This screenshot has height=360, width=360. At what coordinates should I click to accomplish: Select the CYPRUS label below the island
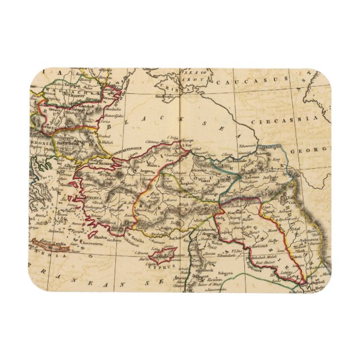click(x=158, y=267)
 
